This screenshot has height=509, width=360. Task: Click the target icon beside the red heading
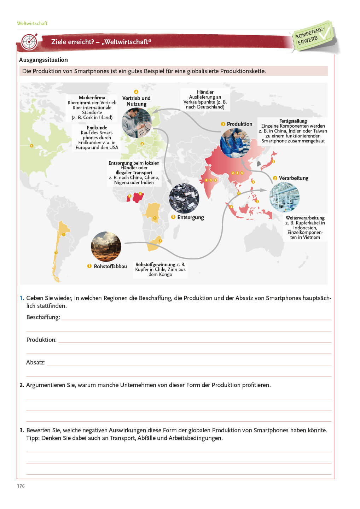coord(29,42)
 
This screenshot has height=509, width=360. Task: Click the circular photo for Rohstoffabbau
coord(106,246)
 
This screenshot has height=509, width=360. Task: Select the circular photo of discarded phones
coord(184,198)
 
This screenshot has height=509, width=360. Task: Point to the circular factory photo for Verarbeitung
coord(284,197)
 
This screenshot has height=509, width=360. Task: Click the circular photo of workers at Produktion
coord(235,143)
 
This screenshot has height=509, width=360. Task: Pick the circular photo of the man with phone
coord(137,123)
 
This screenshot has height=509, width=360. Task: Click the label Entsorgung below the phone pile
coord(190,217)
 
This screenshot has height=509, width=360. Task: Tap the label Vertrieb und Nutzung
coord(136,101)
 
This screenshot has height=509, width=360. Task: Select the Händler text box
coord(205,99)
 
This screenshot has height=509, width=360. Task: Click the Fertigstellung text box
coord(293,131)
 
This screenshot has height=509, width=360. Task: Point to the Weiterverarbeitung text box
coord(305,228)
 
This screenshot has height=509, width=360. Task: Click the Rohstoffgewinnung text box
coord(160,269)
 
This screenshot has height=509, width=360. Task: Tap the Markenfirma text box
coord(92,107)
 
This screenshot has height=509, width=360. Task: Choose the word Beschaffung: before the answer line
coord(43,317)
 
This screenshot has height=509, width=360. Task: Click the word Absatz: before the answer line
coord(36,362)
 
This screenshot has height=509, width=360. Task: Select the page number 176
coord(21,486)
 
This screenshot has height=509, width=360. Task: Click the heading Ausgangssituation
coord(43,60)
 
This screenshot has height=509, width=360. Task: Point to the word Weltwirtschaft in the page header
coord(32,23)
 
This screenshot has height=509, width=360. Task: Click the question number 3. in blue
coord(22,430)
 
